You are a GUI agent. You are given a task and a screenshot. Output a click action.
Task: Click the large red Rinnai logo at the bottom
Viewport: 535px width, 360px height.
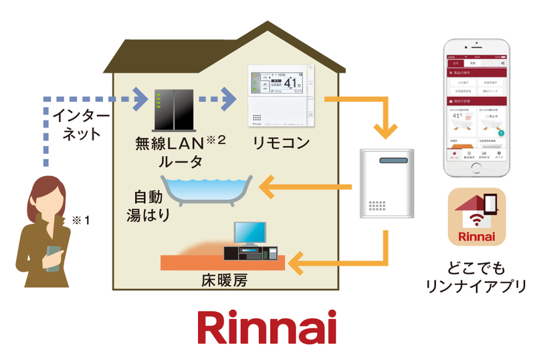267,327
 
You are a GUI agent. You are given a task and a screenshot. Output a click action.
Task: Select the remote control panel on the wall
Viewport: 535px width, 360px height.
280,96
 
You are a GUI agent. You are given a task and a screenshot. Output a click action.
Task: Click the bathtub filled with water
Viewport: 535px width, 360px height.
206,188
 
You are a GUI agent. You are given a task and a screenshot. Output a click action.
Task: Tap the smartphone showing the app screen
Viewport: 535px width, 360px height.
477,104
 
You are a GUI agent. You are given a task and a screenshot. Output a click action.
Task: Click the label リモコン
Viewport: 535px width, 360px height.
280,142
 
